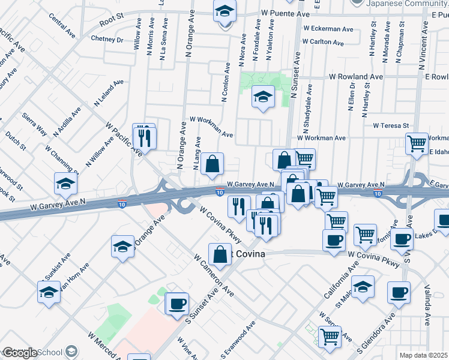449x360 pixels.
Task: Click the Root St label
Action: [x=111, y=19]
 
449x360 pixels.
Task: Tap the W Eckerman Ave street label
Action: [x=328, y=28]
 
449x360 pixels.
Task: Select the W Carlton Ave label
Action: [x=324, y=43]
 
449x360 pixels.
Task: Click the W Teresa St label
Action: [x=390, y=126]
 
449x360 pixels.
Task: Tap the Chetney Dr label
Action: [x=107, y=40]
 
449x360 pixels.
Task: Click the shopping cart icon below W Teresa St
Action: [x=417, y=143]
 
